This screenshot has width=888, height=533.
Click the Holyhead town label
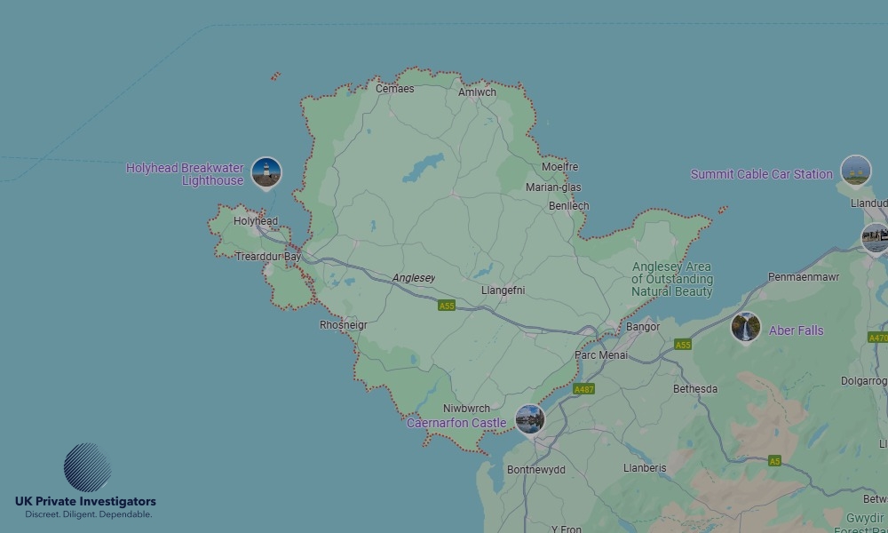tap(255, 221)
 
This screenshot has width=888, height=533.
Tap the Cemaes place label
tap(394, 89)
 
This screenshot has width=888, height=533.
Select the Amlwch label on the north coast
tap(477, 92)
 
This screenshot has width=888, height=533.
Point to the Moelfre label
tap(559, 167)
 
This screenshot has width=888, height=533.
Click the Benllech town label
tap(568, 206)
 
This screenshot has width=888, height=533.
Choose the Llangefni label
tap(503, 290)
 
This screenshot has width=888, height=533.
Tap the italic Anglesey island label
tap(414, 278)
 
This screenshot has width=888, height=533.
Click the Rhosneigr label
tap(343, 325)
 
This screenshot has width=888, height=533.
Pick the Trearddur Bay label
tap(268, 257)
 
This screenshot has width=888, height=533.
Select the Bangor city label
tap(643, 327)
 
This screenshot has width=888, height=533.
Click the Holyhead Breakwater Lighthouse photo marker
tap(266, 172)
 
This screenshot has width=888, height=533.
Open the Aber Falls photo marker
tap(746, 328)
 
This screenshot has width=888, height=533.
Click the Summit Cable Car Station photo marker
tap(855, 171)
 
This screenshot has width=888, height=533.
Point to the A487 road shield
tap(583, 389)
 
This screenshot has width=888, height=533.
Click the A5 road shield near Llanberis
tap(775, 461)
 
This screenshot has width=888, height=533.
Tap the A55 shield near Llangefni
tap(447, 306)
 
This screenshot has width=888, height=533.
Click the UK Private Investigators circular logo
tap(87, 467)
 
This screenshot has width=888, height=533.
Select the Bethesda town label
tap(695, 389)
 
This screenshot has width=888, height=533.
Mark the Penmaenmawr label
tap(804, 277)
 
